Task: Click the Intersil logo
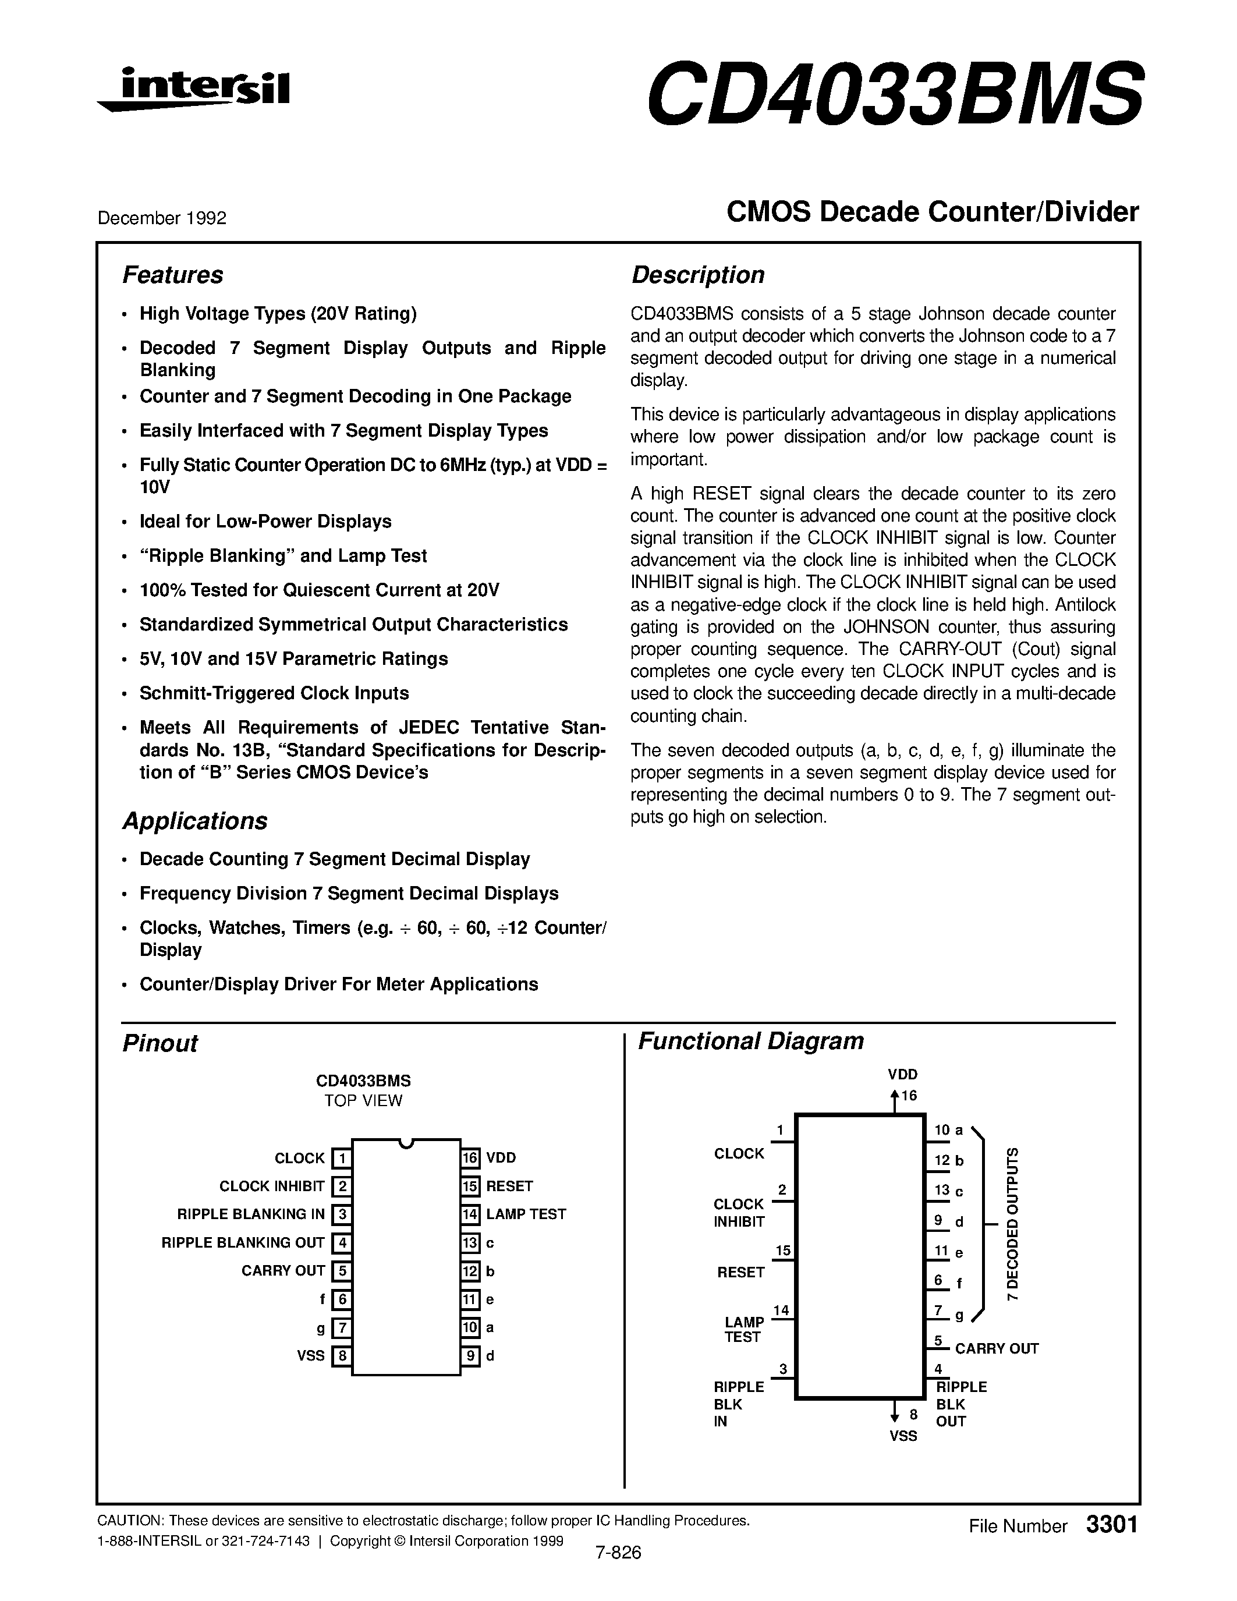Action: (194, 90)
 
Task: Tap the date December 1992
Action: (162, 218)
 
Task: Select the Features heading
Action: (172, 275)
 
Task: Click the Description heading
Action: (697, 275)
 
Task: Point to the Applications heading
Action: (195, 820)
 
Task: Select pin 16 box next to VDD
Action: (470, 1157)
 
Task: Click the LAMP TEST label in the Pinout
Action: (526, 1214)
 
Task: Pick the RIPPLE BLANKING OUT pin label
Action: (243, 1242)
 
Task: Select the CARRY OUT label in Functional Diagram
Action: (996, 1348)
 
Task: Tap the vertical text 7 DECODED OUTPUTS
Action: (1013, 1224)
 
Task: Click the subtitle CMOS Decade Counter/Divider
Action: (932, 212)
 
